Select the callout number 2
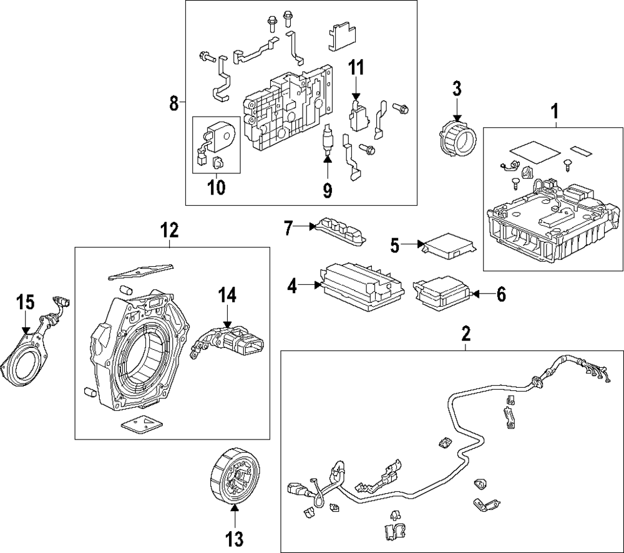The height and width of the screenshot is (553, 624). pos(466,334)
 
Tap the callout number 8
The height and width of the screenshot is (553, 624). pos(173,102)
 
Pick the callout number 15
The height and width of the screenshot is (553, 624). pos(25,302)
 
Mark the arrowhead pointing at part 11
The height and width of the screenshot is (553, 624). pos(356,97)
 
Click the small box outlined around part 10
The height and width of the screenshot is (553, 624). pos(217,145)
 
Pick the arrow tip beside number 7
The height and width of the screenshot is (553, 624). pos(315,228)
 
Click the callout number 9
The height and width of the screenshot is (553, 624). pos(327,189)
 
